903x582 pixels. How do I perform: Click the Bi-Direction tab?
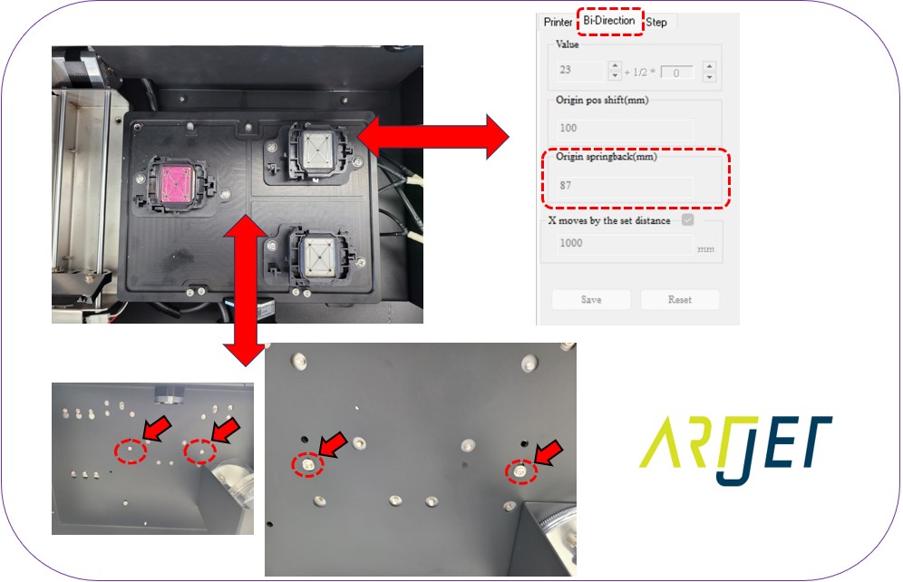pos(609,21)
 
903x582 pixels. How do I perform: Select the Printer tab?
pos(558,22)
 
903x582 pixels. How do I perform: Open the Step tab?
pos(656,22)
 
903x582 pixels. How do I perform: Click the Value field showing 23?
pos(580,71)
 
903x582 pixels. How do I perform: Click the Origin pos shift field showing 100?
pos(624,129)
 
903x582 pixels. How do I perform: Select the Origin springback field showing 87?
pos(624,186)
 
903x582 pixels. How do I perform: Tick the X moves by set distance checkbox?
pos(688,220)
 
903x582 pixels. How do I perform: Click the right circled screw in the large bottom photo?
pos(520,470)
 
